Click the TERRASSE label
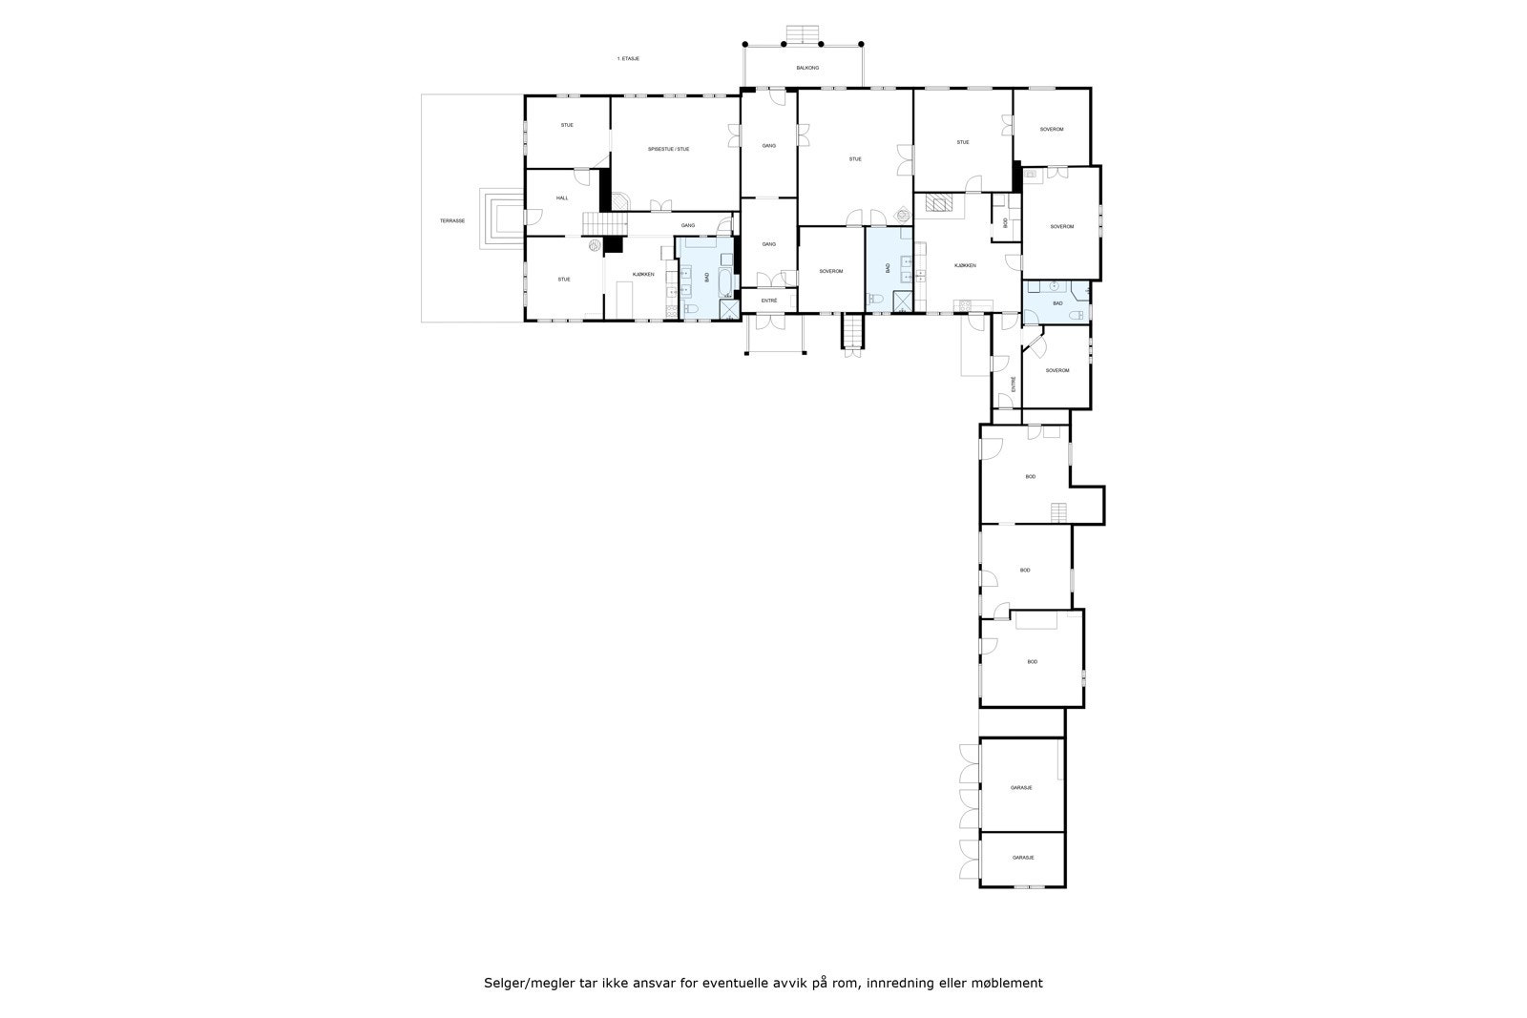click(452, 220)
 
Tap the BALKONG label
click(807, 69)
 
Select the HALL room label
click(562, 197)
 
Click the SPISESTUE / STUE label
click(668, 149)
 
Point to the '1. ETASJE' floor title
click(628, 59)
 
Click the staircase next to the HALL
click(603, 225)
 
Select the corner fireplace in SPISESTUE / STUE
click(620, 201)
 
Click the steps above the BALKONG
click(802, 34)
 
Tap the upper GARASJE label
click(1021, 788)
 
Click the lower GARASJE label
click(1023, 858)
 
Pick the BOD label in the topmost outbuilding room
click(1031, 476)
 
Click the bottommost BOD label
click(1032, 661)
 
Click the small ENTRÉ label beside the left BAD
click(768, 301)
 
